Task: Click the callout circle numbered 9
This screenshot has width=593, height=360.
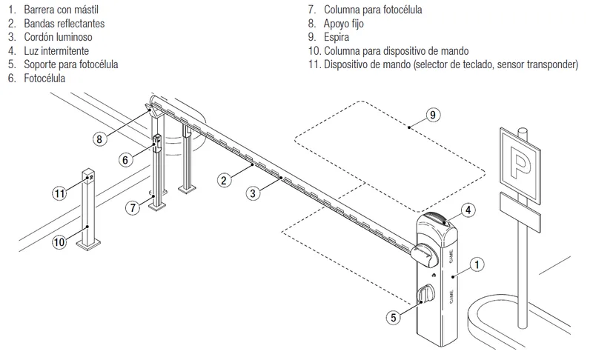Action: pyautogui.click(x=433, y=115)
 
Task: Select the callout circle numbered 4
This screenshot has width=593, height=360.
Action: pyautogui.click(x=468, y=210)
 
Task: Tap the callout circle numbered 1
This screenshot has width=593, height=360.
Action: pyautogui.click(x=477, y=264)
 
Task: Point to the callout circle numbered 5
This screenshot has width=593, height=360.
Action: pyautogui.click(x=394, y=317)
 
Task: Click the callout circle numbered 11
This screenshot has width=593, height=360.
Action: pyautogui.click(x=59, y=194)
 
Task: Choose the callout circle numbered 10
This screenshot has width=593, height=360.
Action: pyautogui.click(x=59, y=241)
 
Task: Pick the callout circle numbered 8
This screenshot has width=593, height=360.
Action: pyautogui.click(x=99, y=139)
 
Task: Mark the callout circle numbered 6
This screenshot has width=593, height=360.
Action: pyautogui.click(x=125, y=160)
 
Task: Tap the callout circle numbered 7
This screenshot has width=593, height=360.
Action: pyautogui.click(x=133, y=207)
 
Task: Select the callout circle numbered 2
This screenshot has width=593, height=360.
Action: pyautogui.click(x=224, y=180)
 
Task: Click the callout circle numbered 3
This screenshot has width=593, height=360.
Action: pyautogui.click(x=253, y=194)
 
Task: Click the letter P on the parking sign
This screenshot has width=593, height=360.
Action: pyautogui.click(x=520, y=163)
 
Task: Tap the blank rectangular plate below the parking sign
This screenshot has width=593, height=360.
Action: pyautogui.click(x=520, y=212)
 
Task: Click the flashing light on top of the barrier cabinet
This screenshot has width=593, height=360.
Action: pyautogui.click(x=440, y=219)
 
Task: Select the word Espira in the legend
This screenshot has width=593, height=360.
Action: pyautogui.click(x=337, y=37)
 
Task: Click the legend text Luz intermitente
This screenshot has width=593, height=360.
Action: pyautogui.click(x=56, y=50)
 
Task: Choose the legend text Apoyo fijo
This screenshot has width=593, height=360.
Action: pyautogui.click(x=343, y=24)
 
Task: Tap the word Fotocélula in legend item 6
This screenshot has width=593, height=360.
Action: pyautogui.click(x=44, y=79)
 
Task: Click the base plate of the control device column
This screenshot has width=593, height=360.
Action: pyautogui.click(x=88, y=245)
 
